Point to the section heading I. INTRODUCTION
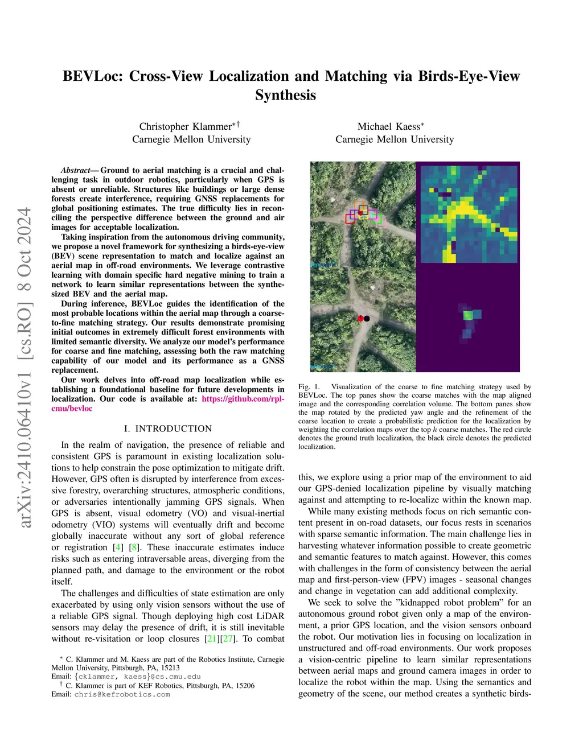(x=167, y=428)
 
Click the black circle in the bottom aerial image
(x=367, y=319)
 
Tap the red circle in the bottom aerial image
(x=360, y=319)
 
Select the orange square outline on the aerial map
(x=359, y=205)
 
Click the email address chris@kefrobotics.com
(x=122, y=694)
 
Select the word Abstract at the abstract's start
(x=75, y=170)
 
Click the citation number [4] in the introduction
(x=118, y=547)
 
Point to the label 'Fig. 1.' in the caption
(x=309, y=387)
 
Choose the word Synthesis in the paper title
(x=285, y=95)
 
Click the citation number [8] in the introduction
(x=134, y=547)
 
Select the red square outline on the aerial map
(x=350, y=219)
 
